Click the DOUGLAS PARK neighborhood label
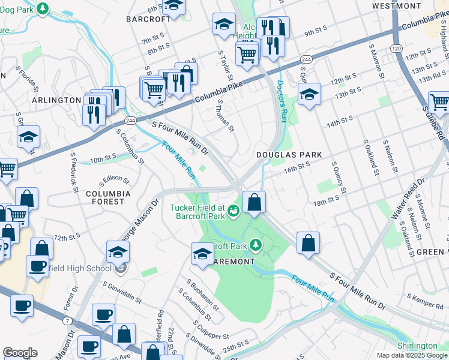tap(289, 155)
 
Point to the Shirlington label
tap(417, 346)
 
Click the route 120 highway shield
tap(396, 47)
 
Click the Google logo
tap(20, 353)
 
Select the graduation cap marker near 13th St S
tap(309, 94)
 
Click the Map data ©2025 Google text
tap(411, 355)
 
